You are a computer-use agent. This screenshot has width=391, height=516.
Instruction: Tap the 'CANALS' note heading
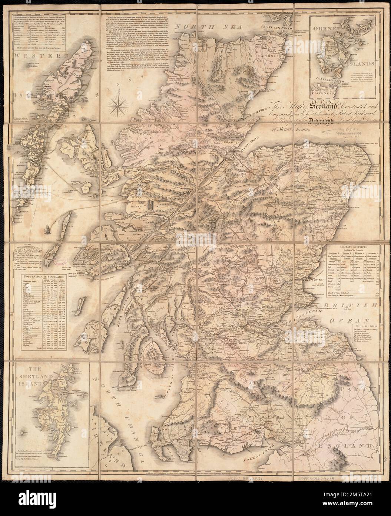tap(25, 244)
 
